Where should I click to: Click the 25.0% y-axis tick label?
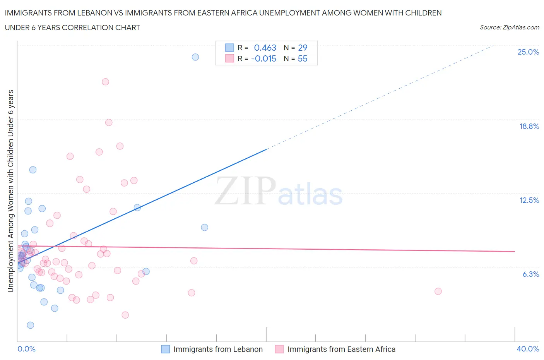528,52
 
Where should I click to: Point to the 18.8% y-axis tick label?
529,126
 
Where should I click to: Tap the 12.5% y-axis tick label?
529,200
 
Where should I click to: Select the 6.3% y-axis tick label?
530,274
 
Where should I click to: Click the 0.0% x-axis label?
26,349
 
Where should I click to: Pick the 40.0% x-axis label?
528,349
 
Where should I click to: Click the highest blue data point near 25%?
195,57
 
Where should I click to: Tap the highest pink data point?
105,82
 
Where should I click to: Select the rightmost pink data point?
438,291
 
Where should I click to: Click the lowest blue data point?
31,325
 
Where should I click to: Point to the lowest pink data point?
125,315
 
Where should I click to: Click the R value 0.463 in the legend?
265,48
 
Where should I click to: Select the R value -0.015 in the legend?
263,58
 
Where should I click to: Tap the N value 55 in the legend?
303,58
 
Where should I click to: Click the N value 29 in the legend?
303,48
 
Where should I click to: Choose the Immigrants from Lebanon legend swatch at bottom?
165,349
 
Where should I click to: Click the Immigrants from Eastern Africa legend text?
341,349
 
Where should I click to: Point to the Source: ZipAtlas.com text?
509,27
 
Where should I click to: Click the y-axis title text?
10,191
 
